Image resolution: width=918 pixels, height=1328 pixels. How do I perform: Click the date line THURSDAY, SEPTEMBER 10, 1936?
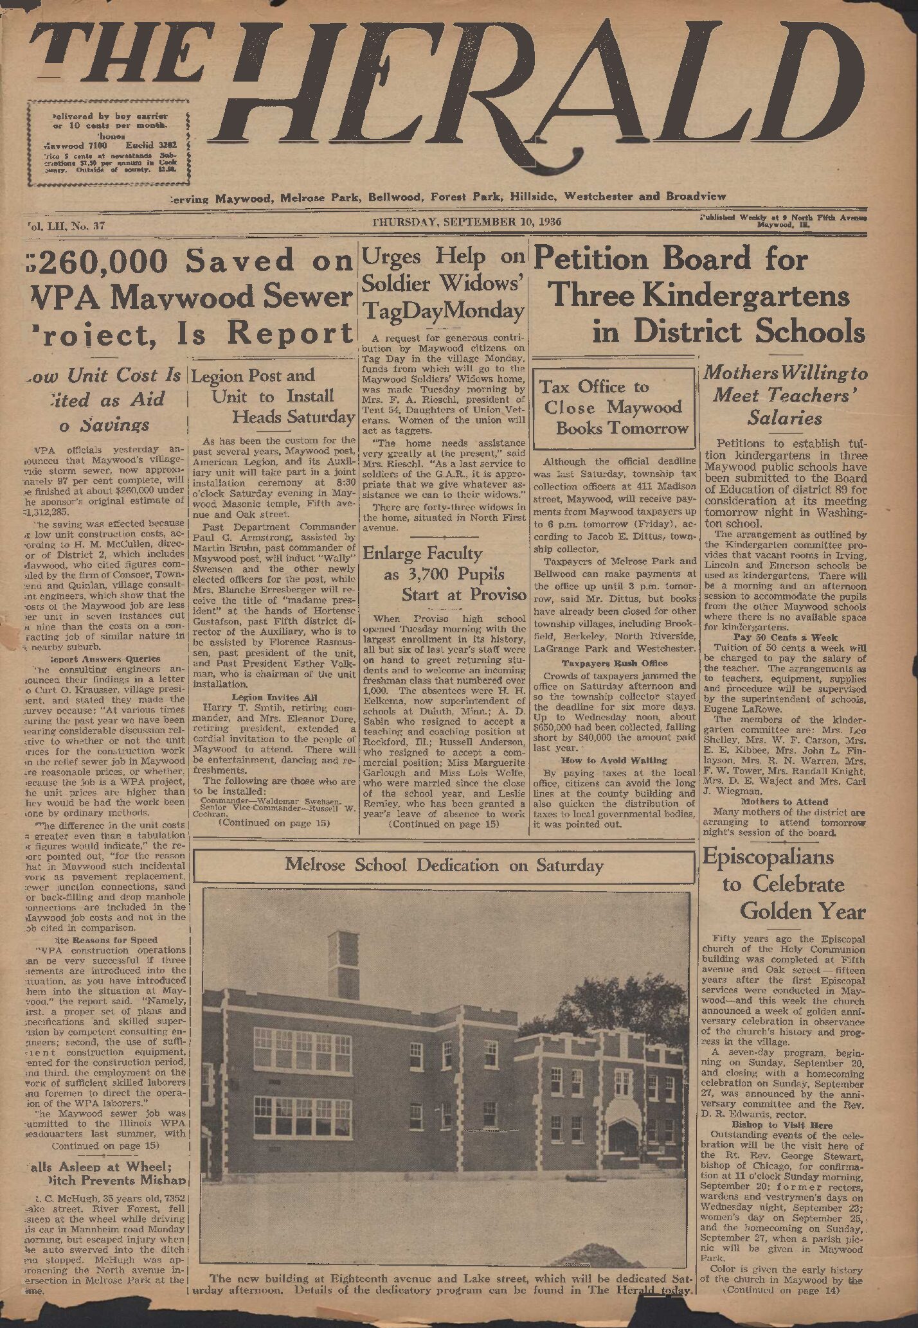pos(467,222)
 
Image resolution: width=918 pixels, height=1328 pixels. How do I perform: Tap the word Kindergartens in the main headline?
pos(745,296)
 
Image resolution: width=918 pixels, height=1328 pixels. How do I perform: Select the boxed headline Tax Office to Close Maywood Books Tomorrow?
pos(614,407)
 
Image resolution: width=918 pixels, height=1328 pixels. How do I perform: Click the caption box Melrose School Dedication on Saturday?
pos(444,865)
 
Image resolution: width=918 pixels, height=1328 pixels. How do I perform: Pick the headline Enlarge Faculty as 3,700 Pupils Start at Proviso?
pos(444,574)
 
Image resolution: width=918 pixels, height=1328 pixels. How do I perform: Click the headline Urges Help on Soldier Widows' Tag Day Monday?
pos(444,283)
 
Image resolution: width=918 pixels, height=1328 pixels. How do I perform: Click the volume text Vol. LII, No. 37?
pos(66,226)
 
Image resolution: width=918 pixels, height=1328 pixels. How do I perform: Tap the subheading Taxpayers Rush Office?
pos(614,663)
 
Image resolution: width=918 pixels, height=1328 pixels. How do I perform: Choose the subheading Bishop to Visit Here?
pos(782,1125)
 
